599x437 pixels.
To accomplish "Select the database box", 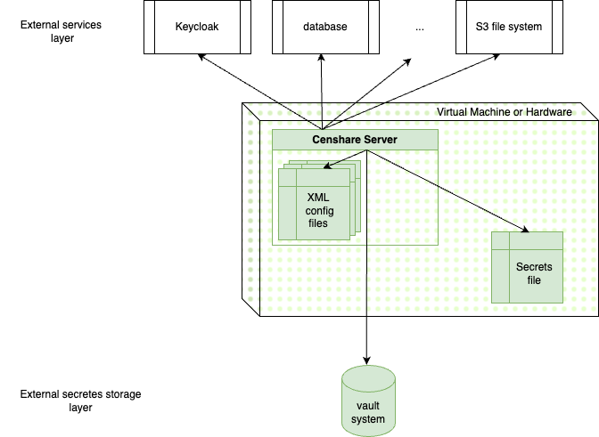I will (x=324, y=27).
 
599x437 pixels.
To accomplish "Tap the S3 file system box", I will (x=508, y=27).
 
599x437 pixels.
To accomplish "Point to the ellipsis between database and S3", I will (x=420, y=28).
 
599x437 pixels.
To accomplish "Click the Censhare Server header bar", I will (x=354, y=140).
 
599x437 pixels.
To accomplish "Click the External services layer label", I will (x=61, y=31).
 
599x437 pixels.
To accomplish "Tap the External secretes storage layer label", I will (x=80, y=401).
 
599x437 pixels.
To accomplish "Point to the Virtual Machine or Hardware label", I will (x=504, y=112).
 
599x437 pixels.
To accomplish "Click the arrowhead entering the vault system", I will (x=367, y=359).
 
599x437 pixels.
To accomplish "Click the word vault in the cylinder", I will (x=367, y=406).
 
